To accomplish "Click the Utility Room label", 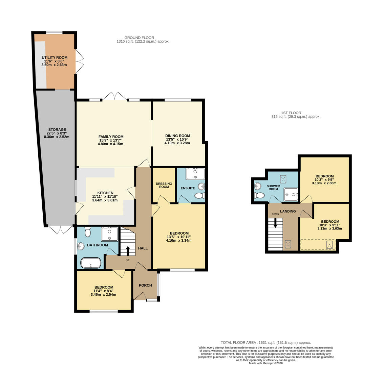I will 54,57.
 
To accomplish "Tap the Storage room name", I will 57,129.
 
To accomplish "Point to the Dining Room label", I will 177,136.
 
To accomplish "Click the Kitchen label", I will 105,193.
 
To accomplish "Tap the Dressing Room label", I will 164,185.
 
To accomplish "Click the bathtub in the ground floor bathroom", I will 91,263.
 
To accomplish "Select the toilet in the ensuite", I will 199,196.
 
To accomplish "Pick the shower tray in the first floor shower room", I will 291,192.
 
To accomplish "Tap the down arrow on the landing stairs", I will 275,223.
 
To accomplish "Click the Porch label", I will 145,285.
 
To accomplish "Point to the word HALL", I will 143,248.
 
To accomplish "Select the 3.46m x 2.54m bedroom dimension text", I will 103,294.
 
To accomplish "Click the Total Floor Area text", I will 265,342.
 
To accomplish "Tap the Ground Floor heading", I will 139,38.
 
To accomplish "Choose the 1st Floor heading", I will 291,113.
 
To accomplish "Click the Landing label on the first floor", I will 288,211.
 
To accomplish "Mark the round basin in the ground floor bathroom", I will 81,246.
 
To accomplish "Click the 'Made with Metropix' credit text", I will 265,363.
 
